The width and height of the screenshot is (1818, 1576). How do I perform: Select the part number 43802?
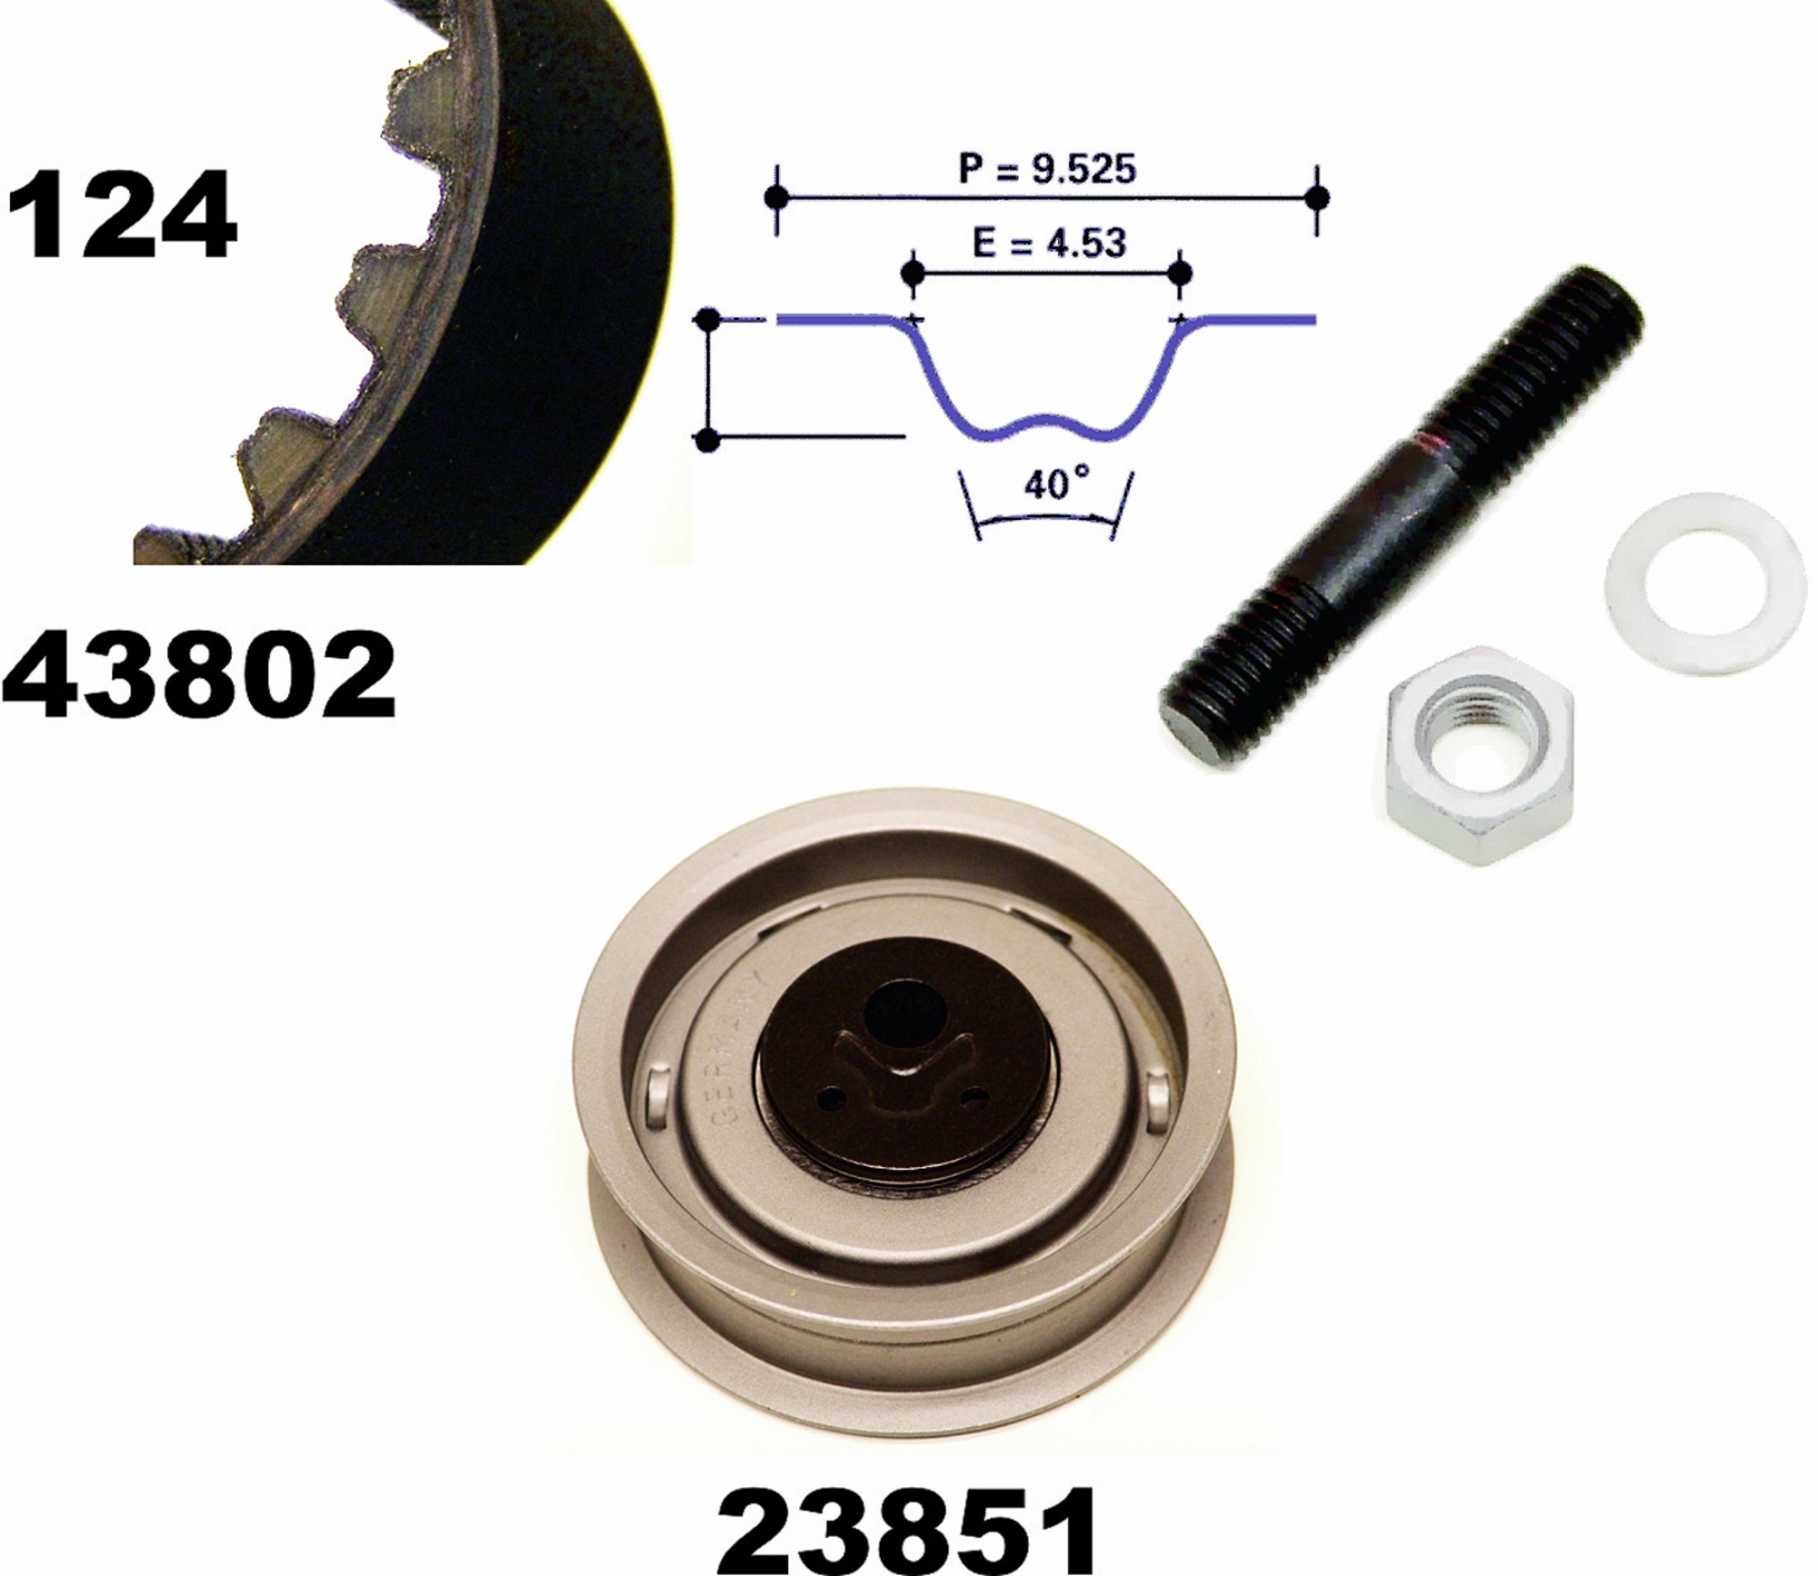(x=199, y=675)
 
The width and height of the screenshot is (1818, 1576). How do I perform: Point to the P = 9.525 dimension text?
(x=1047, y=168)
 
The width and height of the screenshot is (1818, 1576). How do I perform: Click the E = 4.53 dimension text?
(x=1049, y=243)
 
